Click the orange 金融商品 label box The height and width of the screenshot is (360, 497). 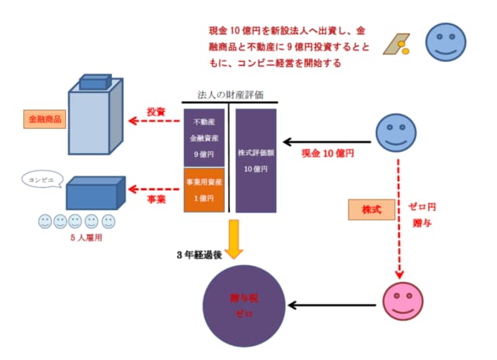(x=44, y=120)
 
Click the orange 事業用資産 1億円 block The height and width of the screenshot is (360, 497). (x=204, y=189)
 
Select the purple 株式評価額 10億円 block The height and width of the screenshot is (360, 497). (x=255, y=160)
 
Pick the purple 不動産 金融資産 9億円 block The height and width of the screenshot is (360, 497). (x=204, y=137)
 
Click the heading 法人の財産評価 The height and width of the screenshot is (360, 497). (x=230, y=95)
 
